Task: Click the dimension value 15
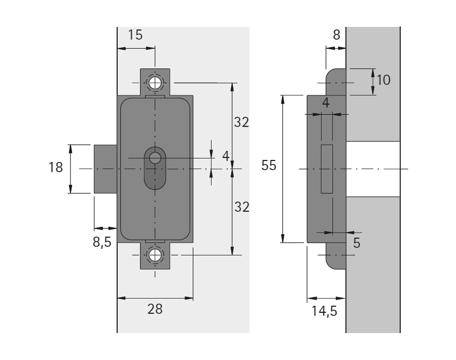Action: pos(135,35)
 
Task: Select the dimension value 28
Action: pos(155,309)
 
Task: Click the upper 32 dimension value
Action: pos(241,122)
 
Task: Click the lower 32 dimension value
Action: pos(241,207)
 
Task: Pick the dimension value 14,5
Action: pos(324,310)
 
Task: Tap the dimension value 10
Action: pos(384,80)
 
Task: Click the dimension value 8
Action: pos(337,35)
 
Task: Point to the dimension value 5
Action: pos(357,243)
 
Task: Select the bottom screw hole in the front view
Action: pos(155,255)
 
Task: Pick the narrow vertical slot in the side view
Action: pos(327,169)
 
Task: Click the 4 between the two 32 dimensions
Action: pos(226,156)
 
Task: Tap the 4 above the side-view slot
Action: pos(326,102)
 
